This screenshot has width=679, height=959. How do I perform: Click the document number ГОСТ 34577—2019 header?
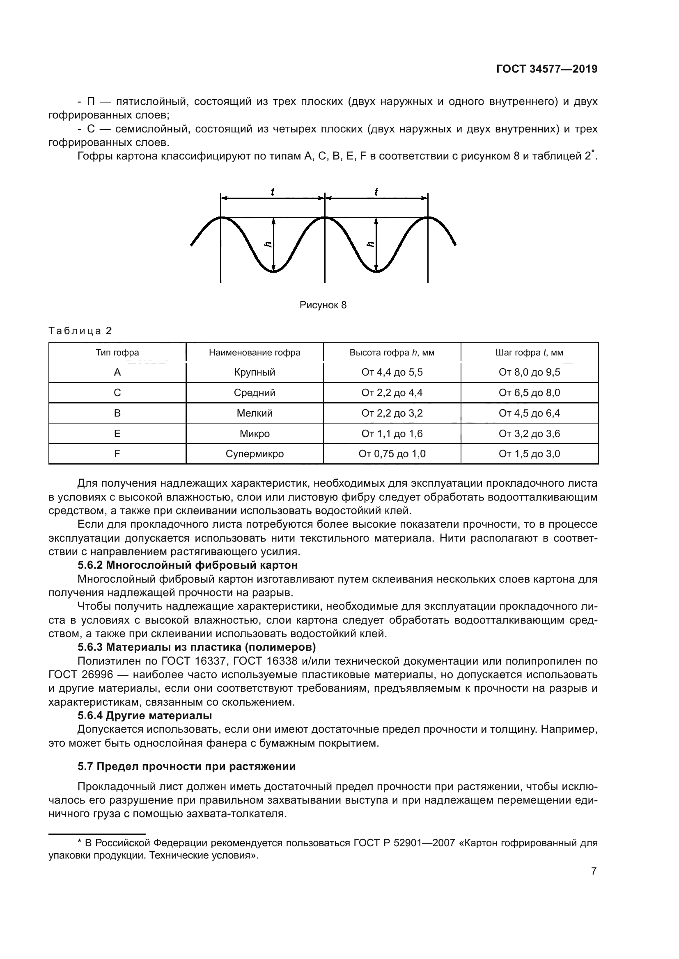point(546,69)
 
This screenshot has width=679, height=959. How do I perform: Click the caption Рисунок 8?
point(323,305)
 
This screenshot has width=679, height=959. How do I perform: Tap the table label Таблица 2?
point(80,331)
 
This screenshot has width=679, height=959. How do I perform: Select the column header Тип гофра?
point(117,353)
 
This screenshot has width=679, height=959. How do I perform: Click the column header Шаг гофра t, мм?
point(529,353)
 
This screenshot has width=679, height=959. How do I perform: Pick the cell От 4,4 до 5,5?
point(392,372)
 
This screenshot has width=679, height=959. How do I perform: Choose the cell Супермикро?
point(254,453)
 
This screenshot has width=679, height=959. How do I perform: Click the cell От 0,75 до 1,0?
point(392,453)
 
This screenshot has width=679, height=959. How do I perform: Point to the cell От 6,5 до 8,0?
point(529,393)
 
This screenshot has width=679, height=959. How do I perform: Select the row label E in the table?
point(117,433)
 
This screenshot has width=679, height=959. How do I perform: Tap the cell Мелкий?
point(254,413)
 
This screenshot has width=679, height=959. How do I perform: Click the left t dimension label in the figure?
point(273,192)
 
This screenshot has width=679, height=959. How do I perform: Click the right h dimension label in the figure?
point(370,244)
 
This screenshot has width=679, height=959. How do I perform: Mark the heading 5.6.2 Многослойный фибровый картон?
point(187,565)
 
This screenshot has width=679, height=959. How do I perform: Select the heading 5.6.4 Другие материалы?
point(145,715)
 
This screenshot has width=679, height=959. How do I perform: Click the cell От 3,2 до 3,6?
point(529,433)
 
